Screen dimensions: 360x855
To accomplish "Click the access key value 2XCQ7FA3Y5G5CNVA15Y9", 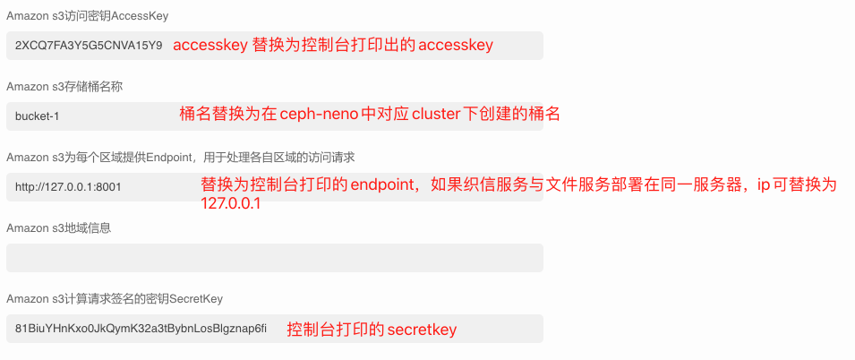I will click(89, 45).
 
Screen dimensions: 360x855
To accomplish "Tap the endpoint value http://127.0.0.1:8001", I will click(68, 187).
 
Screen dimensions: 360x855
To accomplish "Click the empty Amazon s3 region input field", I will click(274, 258).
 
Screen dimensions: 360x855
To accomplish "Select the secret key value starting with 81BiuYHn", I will click(141, 329).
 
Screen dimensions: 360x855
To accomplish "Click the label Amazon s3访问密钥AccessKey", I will click(87, 16).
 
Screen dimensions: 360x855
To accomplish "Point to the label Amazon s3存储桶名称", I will click(64, 86).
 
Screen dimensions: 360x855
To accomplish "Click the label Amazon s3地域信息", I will click(58, 227).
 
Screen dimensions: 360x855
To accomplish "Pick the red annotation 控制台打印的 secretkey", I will click(372, 330).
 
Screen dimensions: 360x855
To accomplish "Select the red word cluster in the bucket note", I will click(435, 115).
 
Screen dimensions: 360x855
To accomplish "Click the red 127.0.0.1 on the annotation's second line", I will click(231, 203).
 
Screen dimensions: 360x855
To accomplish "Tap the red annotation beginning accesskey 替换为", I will click(332, 45).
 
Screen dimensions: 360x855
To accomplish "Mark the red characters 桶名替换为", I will click(218, 115).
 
